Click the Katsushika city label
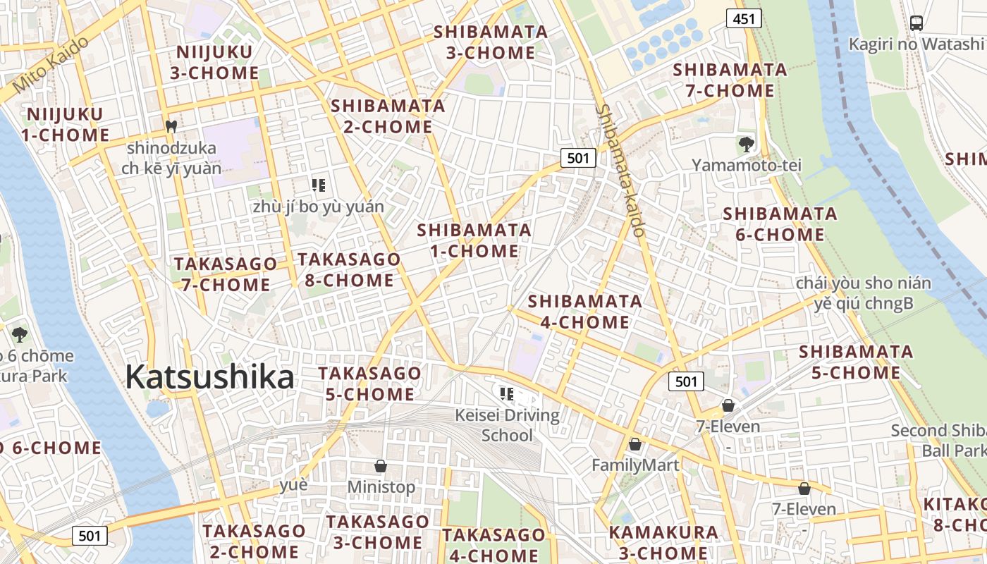click(209, 377)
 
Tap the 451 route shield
click(744, 19)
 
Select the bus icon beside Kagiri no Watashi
click(916, 23)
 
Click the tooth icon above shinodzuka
click(169, 127)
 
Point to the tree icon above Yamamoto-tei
click(746, 145)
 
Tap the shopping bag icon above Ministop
click(381, 466)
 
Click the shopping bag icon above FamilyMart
click(634, 444)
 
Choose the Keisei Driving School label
click(508, 425)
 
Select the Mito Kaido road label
click(50, 68)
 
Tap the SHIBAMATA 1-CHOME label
click(474, 240)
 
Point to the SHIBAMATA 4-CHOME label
click(584, 312)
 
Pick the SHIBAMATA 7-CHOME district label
click(730, 80)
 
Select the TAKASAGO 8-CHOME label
click(349, 269)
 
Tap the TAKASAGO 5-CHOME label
click(369, 383)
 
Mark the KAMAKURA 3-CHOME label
click(663, 542)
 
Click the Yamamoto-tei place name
click(747, 165)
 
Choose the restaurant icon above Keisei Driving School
click(505, 393)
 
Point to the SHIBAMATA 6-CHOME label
click(780, 223)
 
